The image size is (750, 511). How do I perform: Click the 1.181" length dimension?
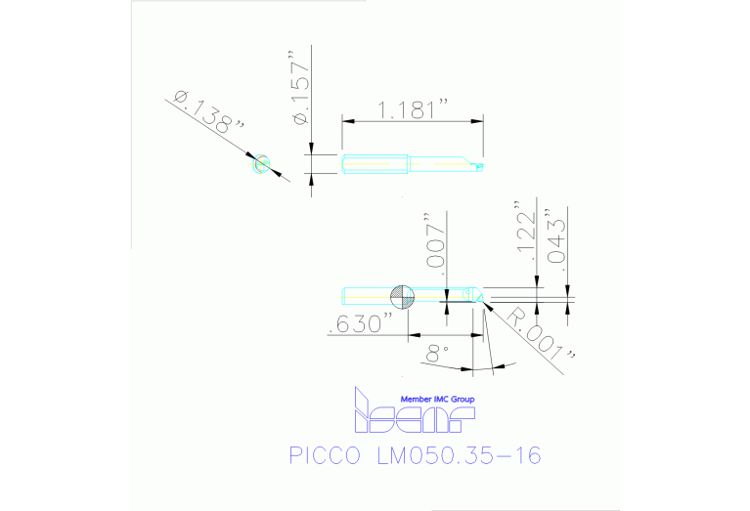pyautogui.click(x=412, y=109)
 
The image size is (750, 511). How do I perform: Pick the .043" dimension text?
pyautogui.click(x=555, y=237)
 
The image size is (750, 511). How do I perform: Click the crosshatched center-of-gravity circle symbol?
pyautogui.click(x=403, y=296)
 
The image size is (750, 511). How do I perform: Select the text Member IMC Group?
pyautogui.click(x=437, y=399)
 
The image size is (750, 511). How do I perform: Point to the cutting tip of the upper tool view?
pyautogui.click(x=480, y=167)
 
